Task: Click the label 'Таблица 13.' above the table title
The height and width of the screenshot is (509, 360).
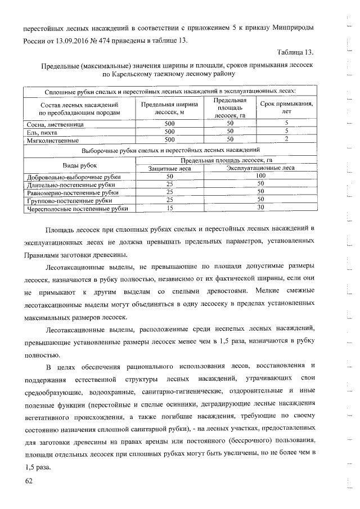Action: pos(295,52)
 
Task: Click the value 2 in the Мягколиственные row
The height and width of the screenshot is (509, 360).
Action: pos(286,138)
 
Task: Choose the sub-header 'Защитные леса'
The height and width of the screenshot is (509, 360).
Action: pos(169,168)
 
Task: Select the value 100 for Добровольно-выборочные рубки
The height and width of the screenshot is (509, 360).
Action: pos(260,176)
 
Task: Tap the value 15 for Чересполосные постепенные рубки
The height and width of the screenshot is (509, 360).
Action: pos(169,208)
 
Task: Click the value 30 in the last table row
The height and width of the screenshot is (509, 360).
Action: pos(260,208)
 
